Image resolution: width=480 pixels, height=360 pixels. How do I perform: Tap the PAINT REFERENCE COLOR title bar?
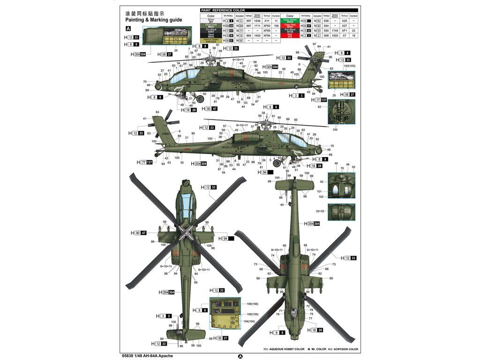coord(223,10)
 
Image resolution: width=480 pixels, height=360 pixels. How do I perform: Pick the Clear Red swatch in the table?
coord(290,25)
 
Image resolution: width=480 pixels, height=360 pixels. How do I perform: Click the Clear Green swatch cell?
coord(290,21)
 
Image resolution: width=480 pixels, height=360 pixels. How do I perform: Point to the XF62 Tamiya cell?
coord(267,25)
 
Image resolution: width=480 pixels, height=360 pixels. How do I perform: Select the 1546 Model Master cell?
coord(257,21)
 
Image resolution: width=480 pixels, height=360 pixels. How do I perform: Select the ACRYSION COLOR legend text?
coord(345,349)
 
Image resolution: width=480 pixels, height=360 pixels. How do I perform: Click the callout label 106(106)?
coord(252,304)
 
